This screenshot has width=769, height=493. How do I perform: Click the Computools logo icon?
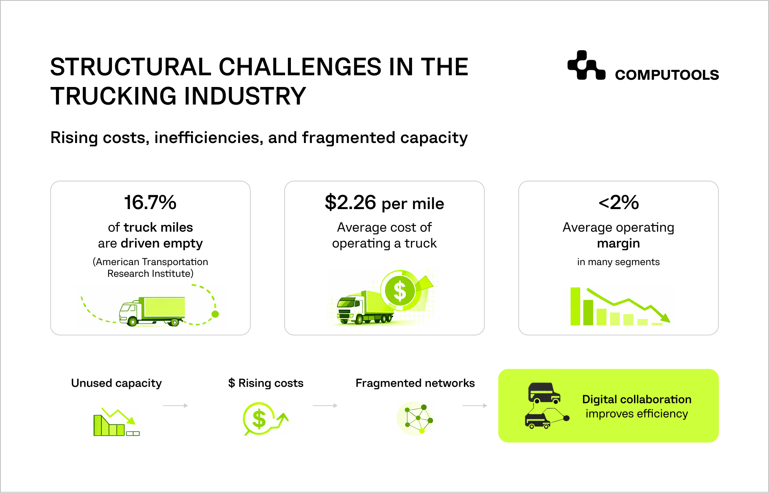(x=586, y=66)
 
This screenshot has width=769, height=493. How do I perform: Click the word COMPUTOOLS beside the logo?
(x=667, y=75)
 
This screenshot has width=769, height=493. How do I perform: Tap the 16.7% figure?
(x=150, y=202)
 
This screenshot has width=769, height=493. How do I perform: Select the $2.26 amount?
(x=350, y=202)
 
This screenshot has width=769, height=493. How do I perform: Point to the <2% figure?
(x=619, y=202)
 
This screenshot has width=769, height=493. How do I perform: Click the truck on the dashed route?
(x=152, y=312)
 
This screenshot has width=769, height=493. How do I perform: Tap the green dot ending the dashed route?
(x=215, y=314)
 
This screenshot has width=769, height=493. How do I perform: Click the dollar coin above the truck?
(x=400, y=291)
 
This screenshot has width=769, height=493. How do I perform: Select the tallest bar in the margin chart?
(x=575, y=306)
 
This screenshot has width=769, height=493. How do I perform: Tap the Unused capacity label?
(x=116, y=383)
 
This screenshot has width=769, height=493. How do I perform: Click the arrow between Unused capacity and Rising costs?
(x=176, y=406)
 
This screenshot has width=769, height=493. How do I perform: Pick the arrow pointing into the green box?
(x=475, y=406)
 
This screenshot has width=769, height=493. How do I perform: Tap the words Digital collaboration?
(x=637, y=399)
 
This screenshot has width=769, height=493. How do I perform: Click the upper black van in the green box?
(x=543, y=393)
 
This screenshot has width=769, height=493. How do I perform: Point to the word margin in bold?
(x=619, y=243)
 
